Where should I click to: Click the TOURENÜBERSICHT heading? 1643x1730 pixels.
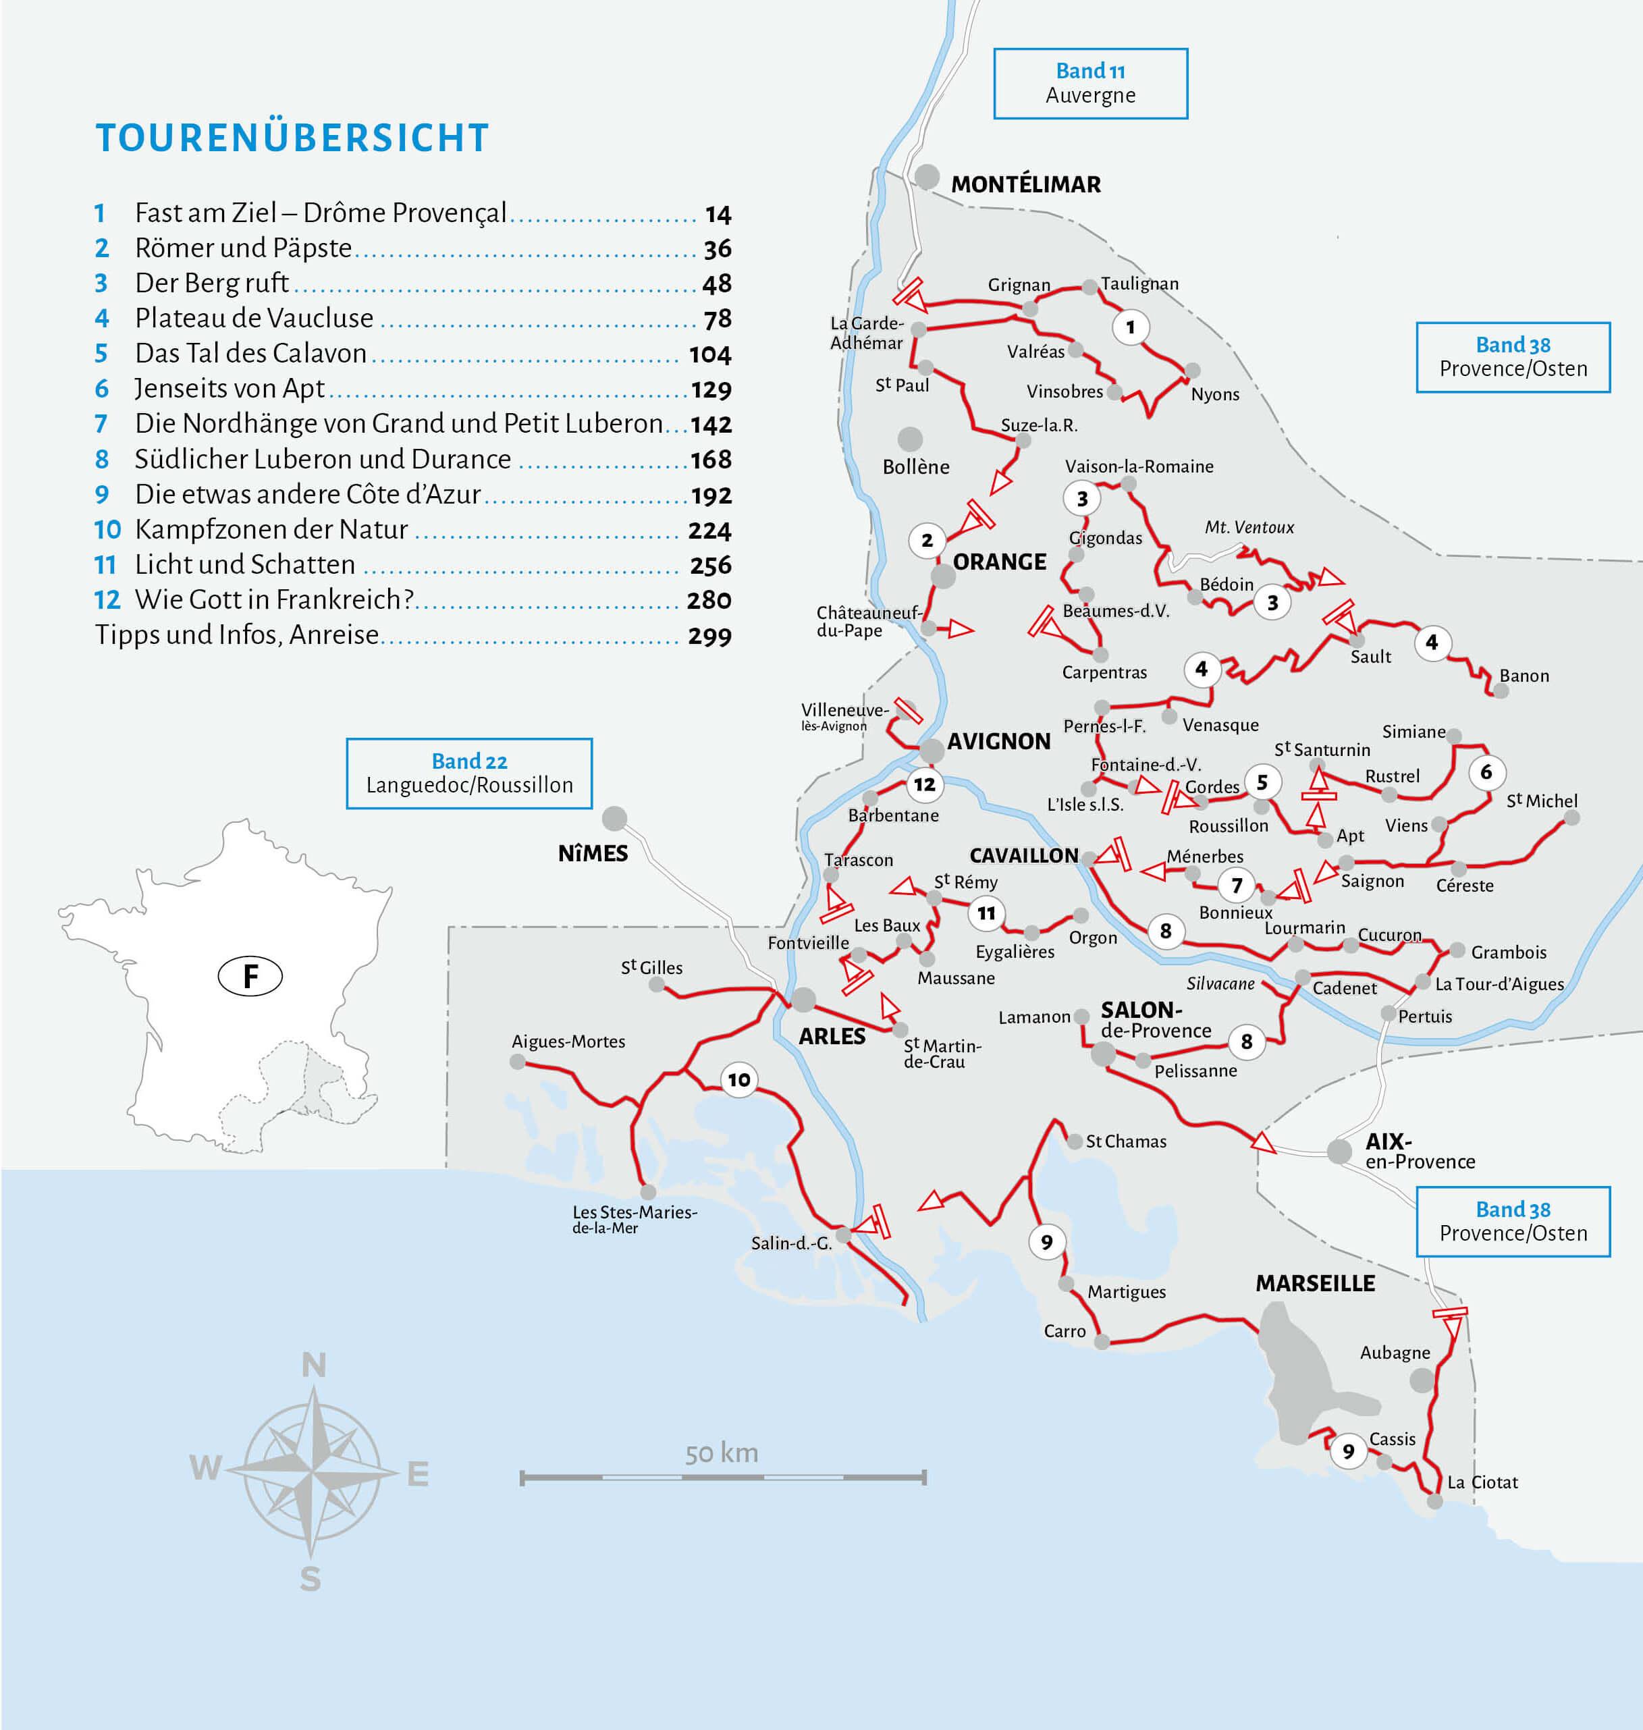click(x=292, y=138)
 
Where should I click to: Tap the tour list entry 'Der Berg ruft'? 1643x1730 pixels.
click(x=211, y=283)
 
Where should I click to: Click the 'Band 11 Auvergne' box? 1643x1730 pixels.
click(x=1089, y=83)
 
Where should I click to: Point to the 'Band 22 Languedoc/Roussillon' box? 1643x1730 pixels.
click(x=468, y=773)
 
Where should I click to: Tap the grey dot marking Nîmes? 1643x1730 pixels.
click(x=614, y=818)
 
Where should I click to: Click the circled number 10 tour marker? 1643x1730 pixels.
click(x=738, y=1079)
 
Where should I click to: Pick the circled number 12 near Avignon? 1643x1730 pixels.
click(x=924, y=784)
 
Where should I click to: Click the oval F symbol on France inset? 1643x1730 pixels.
click(x=250, y=976)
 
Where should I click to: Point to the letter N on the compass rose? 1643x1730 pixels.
click(x=313, y=1365)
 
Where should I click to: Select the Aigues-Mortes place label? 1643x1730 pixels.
click(x=568, y=1042)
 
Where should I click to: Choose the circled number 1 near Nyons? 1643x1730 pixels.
click(x=1130, y=327)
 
